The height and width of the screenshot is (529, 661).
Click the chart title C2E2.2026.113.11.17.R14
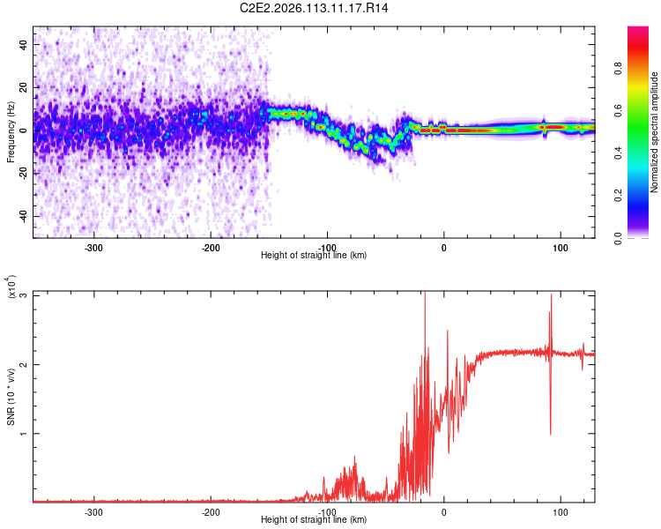click(315, 8)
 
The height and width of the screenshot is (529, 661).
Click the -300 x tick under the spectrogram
click(93, 247)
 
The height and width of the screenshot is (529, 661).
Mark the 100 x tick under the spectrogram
click(560, 247)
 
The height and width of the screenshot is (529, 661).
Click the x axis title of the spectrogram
click(314, 255)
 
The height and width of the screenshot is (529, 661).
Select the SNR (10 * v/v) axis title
click(11, 397)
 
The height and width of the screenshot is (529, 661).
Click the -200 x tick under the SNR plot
click(210, 511)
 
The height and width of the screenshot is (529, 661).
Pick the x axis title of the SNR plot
click(314, 519)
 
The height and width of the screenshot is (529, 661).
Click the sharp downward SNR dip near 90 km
click(551, 432)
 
